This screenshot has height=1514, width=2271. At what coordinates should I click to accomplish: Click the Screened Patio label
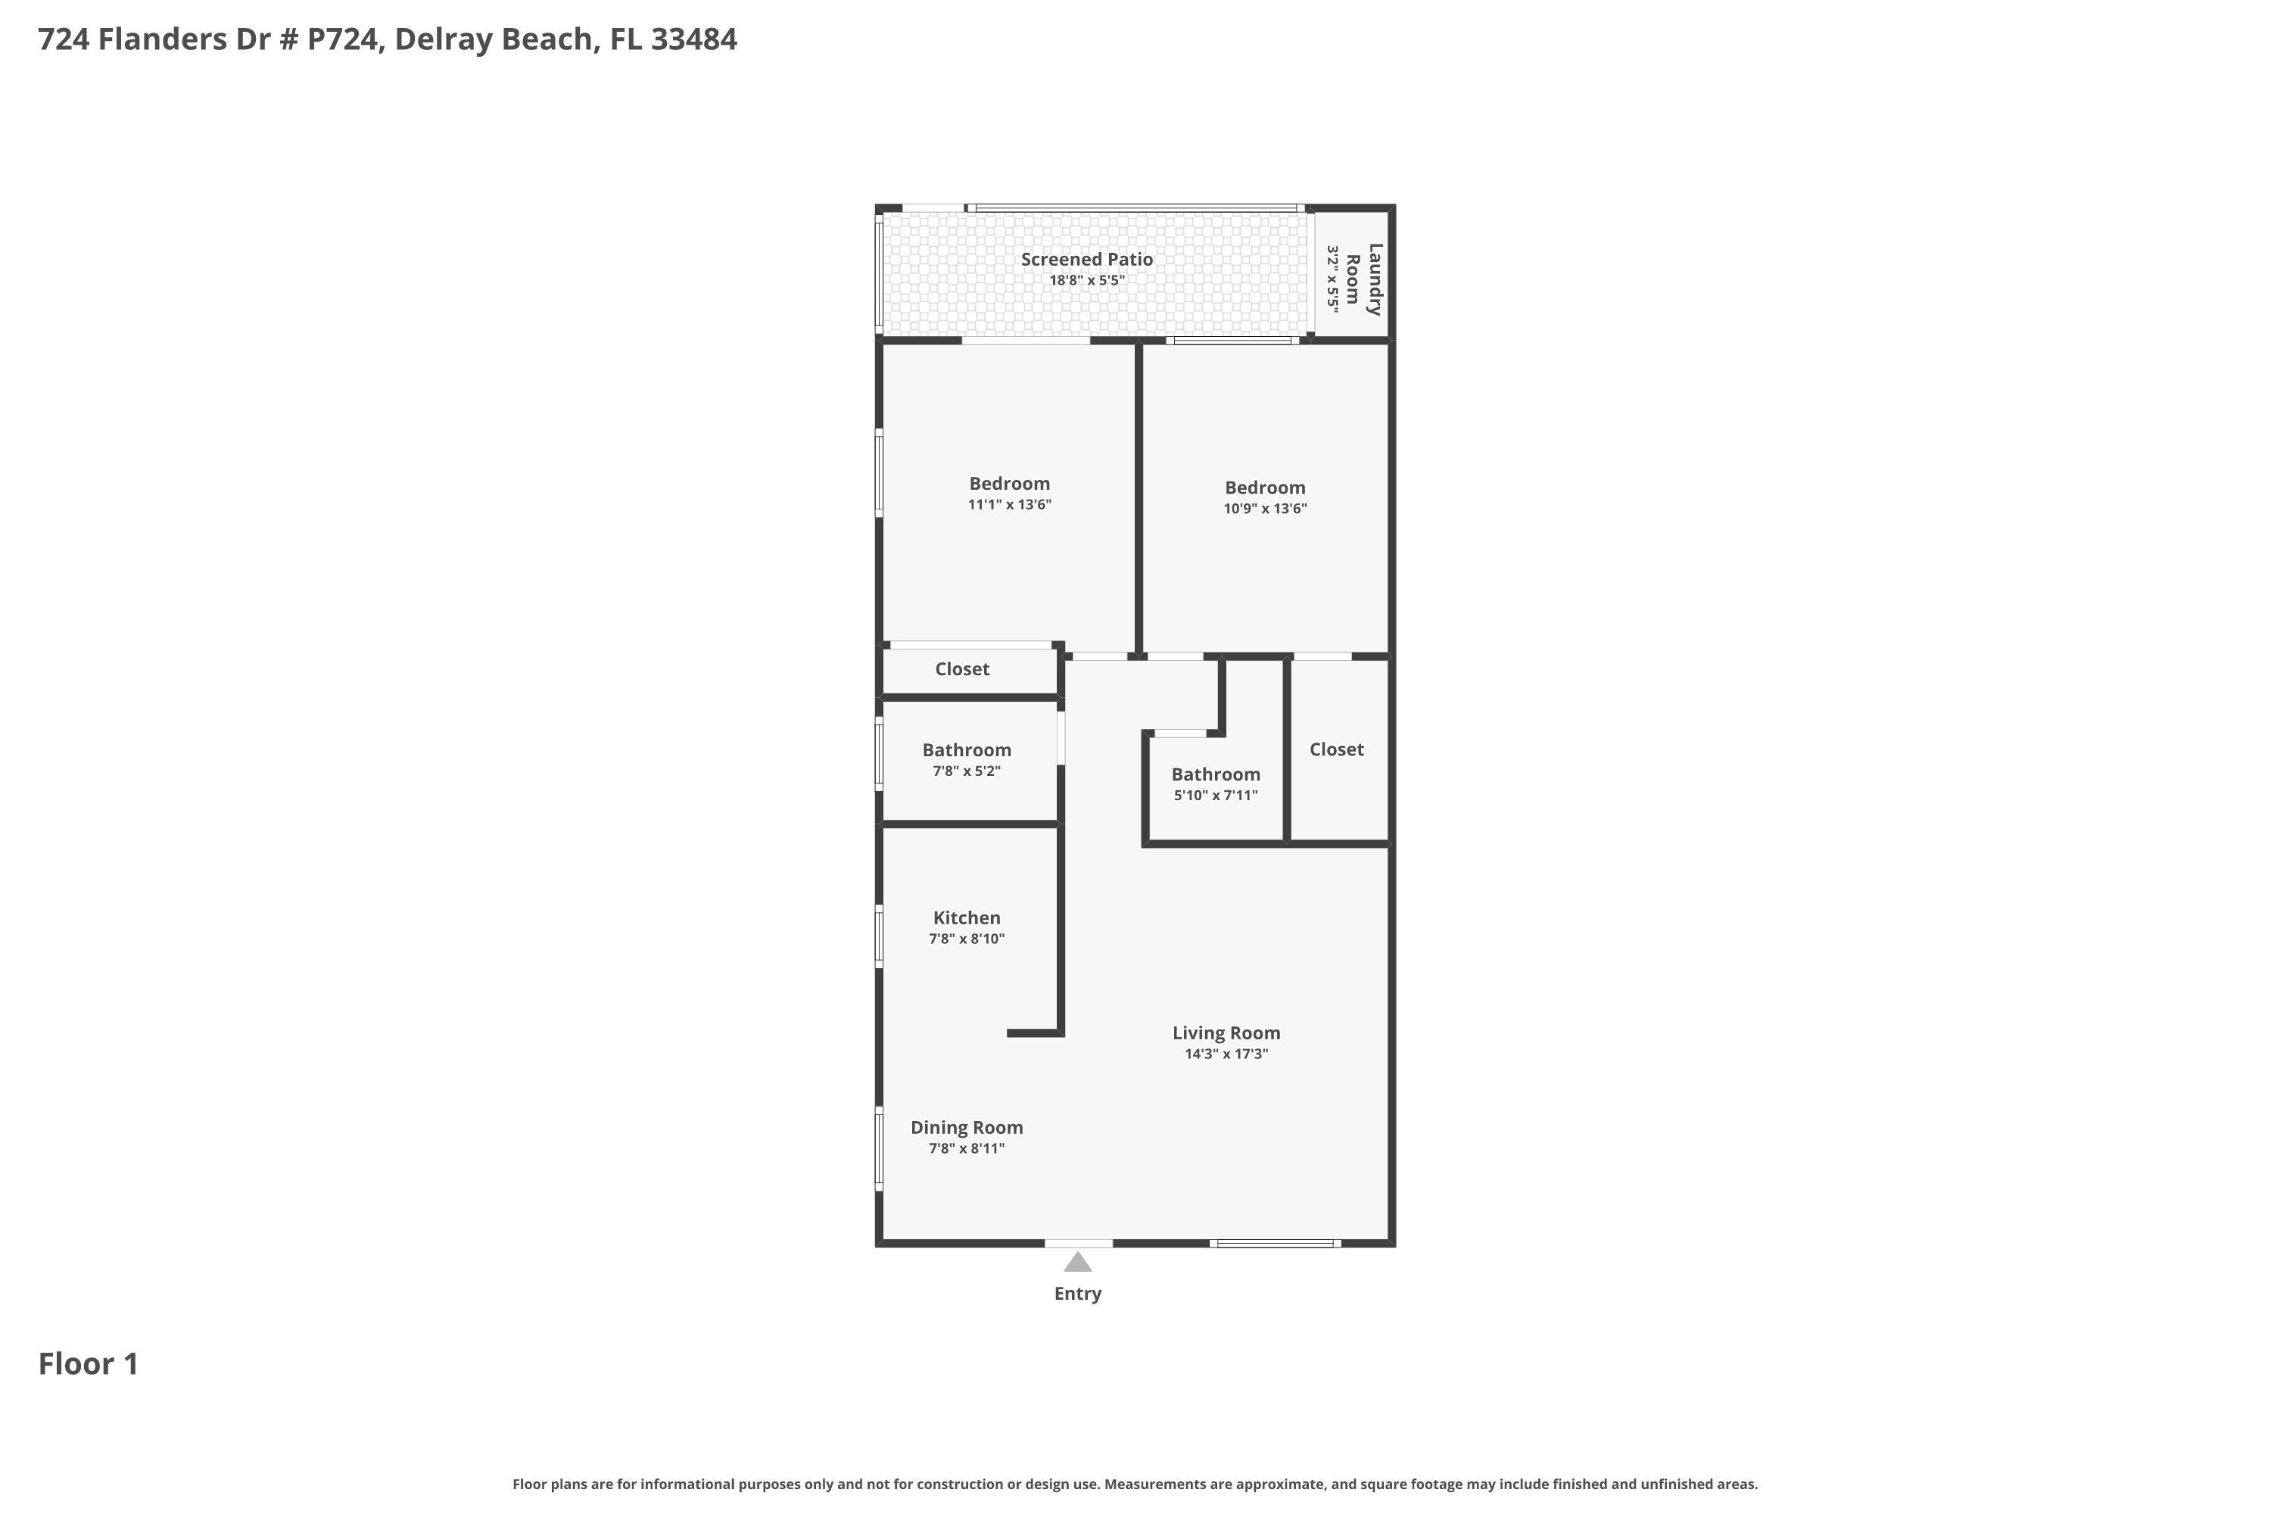(1086, 259)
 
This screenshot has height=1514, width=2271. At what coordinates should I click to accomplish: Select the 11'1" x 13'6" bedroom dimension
(1009, 504)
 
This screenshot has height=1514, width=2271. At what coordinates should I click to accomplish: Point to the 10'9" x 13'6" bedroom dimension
(1265, 509)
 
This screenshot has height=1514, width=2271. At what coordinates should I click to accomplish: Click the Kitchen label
(967, 917)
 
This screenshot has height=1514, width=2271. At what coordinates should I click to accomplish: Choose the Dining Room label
(967, 1127)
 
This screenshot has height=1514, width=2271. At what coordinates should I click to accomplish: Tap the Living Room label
(1226, 1033)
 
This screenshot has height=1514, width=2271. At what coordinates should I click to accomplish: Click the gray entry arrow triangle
(1077, 1262)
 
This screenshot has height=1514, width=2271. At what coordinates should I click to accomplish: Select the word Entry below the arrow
(1077, 1294)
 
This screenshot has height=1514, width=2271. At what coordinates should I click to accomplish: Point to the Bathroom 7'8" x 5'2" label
(967, 759)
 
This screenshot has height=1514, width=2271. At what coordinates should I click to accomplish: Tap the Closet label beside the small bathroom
(1336, 749)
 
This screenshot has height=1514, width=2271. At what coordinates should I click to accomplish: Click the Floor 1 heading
(89, 1363)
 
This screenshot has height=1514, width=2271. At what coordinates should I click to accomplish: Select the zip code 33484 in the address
(693, 39)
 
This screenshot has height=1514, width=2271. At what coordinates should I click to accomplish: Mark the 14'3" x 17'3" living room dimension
(1226, 1054)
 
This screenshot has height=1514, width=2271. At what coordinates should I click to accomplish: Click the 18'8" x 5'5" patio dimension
(1087, 281)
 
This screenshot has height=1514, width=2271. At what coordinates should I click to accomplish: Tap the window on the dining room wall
(879, 1148)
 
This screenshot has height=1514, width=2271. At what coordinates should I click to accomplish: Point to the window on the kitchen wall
(879, 936)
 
